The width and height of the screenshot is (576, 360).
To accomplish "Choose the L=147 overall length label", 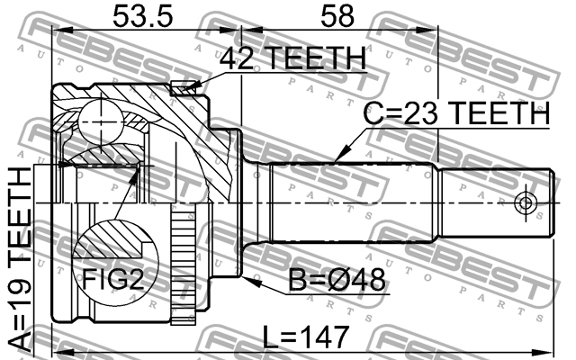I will pyautogui.click(x=305, y=338).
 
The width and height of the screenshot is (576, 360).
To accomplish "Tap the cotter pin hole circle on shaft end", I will pyautogui.click(x=524, y=202).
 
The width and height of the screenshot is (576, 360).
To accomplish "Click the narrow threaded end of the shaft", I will pyautogui.click(x=495, y=202).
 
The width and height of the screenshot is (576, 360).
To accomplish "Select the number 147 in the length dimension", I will pyautogui.click(x=323, y=338).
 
